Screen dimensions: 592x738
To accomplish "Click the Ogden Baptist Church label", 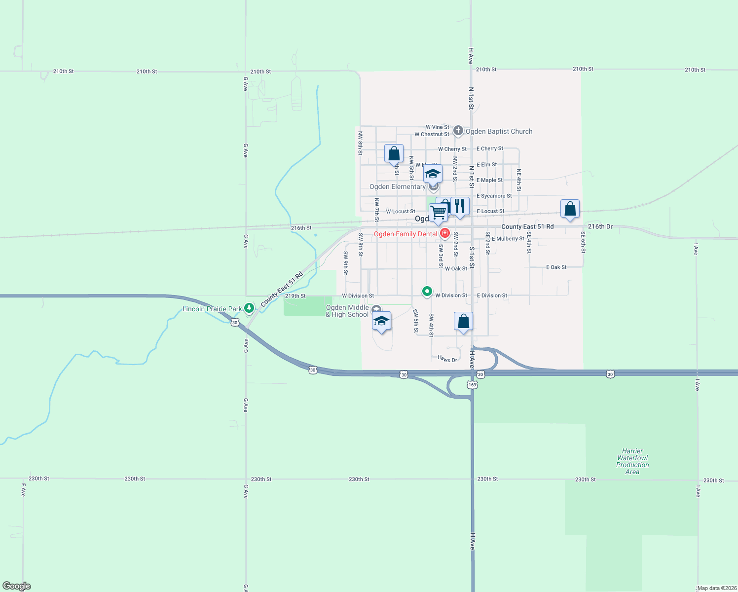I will click(499, 131).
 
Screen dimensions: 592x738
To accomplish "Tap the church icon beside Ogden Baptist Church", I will click(458, 131).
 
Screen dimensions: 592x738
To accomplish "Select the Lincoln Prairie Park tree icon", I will click(249, 308).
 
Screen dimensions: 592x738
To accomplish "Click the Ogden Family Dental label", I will click(406, 234).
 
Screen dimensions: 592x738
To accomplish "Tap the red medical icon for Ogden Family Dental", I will click(445, 233).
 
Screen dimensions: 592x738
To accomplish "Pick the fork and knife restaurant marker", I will click(460, 206).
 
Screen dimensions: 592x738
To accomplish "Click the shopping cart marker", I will click(438, 213).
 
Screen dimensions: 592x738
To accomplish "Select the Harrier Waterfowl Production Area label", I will click(632, 461).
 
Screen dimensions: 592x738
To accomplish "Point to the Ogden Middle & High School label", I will click(347, 311).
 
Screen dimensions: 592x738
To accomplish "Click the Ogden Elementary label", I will click(397, 186).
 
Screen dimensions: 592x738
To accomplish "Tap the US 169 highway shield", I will click(472, 384).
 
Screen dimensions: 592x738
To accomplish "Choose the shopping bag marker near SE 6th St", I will click(570, 209).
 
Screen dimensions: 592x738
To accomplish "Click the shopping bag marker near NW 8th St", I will click(394, 153).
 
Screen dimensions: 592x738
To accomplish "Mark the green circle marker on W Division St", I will click(427, 291).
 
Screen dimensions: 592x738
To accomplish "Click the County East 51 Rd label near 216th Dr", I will click(527, 226).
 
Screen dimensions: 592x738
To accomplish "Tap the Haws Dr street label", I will click(447, 359).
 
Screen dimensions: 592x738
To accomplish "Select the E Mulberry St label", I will click(508, 238).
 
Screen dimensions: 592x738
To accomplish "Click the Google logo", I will click(17, 586).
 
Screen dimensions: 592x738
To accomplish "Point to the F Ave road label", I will click(23, 489).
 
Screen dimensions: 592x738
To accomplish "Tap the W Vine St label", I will click(437, 127).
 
